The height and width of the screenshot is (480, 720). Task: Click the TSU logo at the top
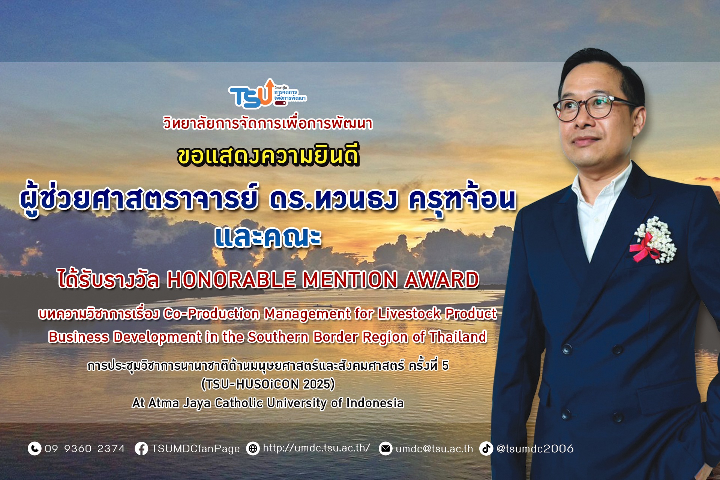coord(267,94)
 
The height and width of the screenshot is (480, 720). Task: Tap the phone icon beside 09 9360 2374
coord(34,448)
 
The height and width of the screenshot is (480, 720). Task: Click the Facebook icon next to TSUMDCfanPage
coord(141,448)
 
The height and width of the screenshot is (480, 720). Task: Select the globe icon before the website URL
coord(253,448)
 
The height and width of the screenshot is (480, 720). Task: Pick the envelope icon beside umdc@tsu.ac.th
coord(385,448)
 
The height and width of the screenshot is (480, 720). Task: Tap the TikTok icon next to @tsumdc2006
coord(486,448)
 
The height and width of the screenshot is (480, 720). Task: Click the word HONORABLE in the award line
coord(232,280)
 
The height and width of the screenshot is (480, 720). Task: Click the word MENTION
coord(350,280)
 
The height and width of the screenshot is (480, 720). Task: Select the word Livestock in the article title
coord(409,313)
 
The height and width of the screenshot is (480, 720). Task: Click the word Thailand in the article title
coord(458,337)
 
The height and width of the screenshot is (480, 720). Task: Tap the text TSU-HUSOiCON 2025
coord(268,384)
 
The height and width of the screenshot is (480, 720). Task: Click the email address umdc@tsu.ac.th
coord(434,449)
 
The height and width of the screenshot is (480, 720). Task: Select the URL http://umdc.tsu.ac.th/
coord(316,448)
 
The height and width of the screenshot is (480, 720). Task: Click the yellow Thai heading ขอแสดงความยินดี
coord(268,155)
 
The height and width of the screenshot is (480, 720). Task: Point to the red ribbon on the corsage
coord(643,247)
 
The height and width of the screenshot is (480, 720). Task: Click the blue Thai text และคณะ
coord(268,237)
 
